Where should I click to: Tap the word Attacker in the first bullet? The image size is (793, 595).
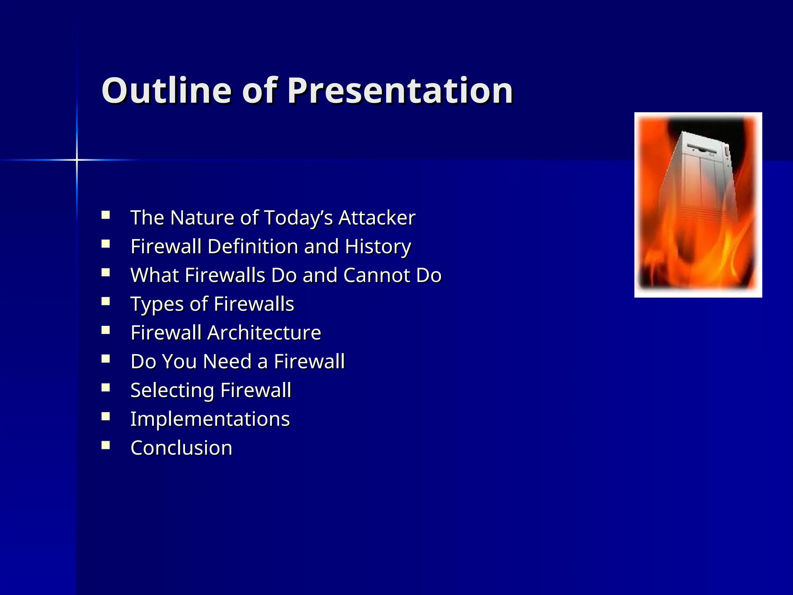pyautogui.click(x=377, y=218)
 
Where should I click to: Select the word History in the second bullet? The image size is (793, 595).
pyautogui.click(x=378, y=247)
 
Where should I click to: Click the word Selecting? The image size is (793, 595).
pyautogui.click(x=172, y=390)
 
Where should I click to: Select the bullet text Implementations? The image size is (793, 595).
pyautogui.click(x=210, y=419)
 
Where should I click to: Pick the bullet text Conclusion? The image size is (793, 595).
pyautogui.click(x=181, y=448)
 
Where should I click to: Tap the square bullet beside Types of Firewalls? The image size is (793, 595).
pyautogui.click(x=106, y=301)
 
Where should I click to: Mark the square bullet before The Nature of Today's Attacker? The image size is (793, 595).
pyautogui.click(x=106, y=215)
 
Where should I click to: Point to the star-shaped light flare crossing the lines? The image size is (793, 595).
pyautogui.click(x=77, y=160)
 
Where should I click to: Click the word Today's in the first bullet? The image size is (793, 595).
pyautogui.click(x=299, y=218)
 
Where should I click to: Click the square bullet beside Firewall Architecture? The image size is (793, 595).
pyautogui.click(x=106, y=330)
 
